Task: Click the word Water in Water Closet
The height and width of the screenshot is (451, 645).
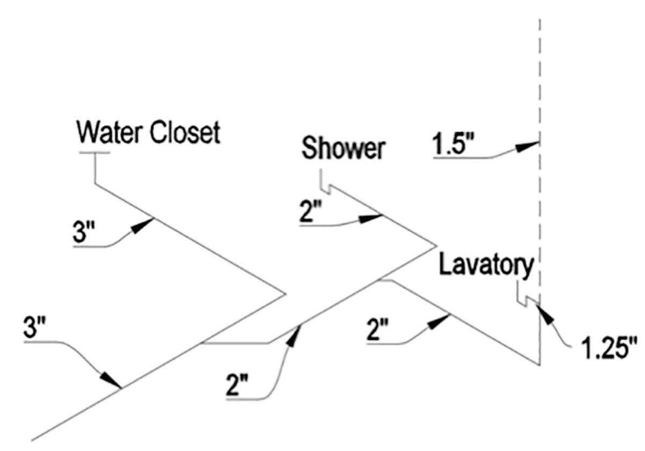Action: click(111, 133)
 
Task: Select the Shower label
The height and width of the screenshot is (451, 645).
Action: click(343, 149)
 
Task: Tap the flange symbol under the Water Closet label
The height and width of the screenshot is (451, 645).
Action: click(95, 153)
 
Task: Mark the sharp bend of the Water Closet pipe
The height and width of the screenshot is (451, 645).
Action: click(284, 294)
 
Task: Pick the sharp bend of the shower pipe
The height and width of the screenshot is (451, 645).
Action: click(435, 246)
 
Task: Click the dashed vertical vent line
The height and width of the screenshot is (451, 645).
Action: click(539, 81)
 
